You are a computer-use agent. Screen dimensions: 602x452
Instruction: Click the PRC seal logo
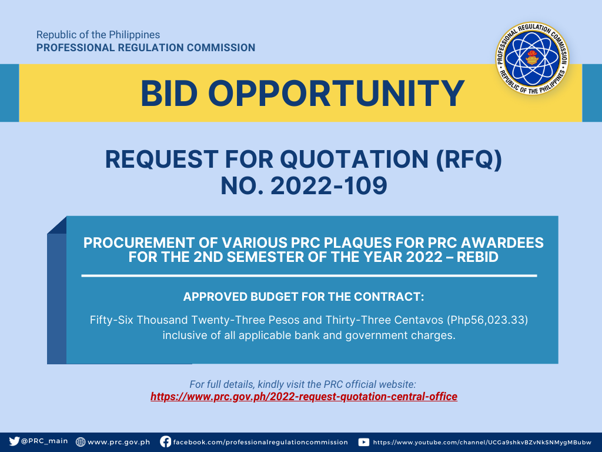[532, 58]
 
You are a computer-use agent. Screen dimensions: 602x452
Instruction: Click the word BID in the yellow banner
[169, 94]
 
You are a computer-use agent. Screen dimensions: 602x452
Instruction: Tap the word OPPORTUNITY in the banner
[337, 94]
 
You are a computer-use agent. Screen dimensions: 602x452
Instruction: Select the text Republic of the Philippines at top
[98, 35]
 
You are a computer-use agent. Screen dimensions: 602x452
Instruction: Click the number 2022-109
[329, 185]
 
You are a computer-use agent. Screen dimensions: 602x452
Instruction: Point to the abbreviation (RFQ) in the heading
[469, 159]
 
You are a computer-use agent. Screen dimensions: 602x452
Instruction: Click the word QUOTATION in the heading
[354, 159]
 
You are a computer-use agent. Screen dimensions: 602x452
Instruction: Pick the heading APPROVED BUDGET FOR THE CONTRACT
[303, 297]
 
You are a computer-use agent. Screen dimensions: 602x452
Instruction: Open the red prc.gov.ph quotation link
[304, 397]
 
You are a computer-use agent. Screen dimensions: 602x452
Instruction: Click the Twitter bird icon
[14, 441]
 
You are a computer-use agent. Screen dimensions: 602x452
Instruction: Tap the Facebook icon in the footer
[165, 441]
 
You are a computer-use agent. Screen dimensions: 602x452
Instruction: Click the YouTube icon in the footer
[363, 442]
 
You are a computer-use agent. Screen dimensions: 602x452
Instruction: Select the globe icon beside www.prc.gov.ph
[80, 441]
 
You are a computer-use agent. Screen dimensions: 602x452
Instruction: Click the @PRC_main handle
[45, 441]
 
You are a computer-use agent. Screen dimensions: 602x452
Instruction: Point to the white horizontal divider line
[309, 275]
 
